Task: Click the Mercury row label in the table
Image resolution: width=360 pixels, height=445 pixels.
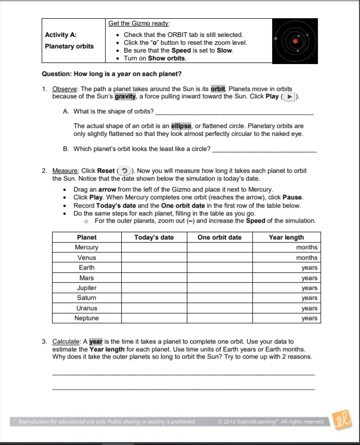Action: pos(87,247)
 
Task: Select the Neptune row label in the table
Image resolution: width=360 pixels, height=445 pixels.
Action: pos(87,318)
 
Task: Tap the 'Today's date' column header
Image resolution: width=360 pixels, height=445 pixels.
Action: pos(154,237)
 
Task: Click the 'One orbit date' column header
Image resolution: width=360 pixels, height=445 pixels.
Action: pos(220,237)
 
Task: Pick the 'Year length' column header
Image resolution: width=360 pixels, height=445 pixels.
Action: pos(286,237)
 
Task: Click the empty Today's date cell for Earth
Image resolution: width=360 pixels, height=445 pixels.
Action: pos(154,268)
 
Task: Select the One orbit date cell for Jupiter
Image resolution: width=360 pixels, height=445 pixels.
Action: pos(220,288)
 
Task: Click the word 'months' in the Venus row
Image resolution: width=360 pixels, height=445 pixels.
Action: pos(306,258)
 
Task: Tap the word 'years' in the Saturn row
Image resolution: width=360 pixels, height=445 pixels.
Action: pos(309,298)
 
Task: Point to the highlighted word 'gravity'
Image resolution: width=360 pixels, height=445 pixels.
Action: pos(125,96)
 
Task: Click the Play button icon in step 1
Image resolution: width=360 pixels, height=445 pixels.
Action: pos(290,96)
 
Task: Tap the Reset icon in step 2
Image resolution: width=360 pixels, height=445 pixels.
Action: pos(124,171)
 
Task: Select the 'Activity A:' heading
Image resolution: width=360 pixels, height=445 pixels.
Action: pos(61,35)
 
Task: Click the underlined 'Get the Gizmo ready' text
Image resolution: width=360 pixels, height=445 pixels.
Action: pos(139,23)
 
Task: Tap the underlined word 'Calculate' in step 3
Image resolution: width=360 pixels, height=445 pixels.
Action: pos(67,341)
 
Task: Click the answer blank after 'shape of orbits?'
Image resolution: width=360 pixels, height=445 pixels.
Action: pos(234,112)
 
